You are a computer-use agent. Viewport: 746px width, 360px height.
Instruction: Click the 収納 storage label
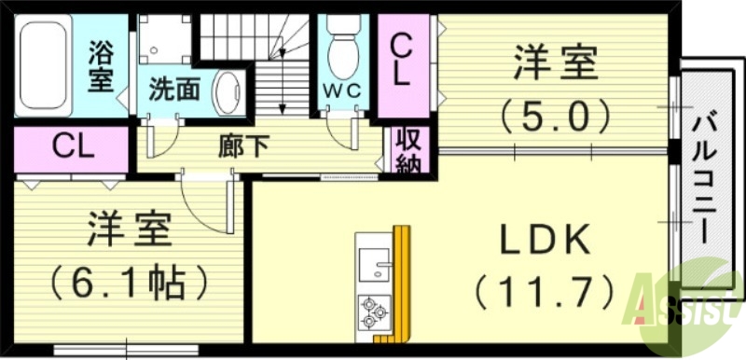(406, 151)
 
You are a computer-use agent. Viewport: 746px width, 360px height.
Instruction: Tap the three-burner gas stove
(375, 312)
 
